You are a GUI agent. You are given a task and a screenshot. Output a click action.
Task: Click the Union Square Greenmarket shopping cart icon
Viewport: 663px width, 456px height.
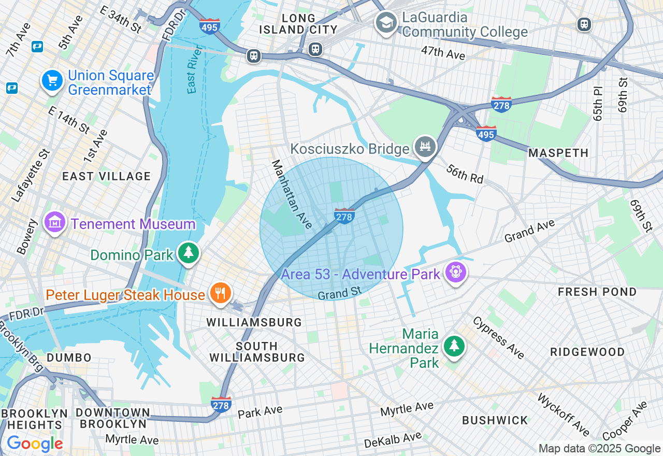point(52,81)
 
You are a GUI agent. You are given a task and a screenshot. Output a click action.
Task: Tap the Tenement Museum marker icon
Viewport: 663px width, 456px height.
point(55,223)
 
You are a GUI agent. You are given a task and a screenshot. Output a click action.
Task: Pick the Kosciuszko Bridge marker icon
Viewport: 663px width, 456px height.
point(425,147)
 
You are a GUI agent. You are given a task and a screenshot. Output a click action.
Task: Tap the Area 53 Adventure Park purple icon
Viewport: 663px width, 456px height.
point(456,273)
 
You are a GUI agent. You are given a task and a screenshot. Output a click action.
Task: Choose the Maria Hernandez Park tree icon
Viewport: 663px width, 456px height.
point(454,346)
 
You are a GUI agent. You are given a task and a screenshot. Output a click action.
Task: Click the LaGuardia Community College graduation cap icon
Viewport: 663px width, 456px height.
point(386,23)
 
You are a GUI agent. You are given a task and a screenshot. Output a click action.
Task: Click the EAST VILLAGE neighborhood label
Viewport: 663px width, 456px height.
point(106,176)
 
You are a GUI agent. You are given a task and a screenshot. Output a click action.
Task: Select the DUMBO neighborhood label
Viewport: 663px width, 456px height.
point(69,358)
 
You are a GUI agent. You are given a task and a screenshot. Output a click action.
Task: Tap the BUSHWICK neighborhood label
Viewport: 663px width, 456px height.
point(495,420)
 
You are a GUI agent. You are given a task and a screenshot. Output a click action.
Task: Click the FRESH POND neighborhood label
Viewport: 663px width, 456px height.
point(597,292)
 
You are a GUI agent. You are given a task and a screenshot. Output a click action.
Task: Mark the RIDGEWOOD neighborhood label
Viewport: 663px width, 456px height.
point(587,352)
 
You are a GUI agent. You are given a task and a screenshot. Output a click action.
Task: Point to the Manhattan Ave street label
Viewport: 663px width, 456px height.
point(292,194)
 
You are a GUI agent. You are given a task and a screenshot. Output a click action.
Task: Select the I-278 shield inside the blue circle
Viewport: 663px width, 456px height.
point(344,216)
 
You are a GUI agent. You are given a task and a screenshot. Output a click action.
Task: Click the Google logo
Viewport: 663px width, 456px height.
point(35,444)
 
